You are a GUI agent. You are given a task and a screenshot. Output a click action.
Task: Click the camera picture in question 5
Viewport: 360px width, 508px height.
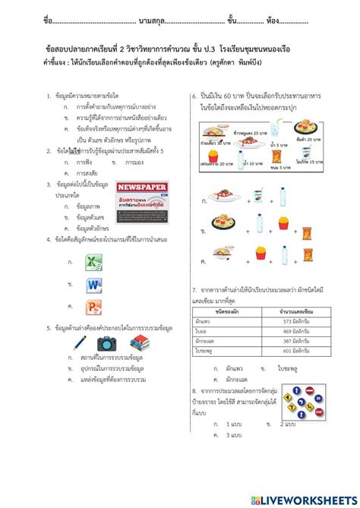tap(106, 343)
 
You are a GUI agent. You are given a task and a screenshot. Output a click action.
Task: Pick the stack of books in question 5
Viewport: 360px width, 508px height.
tap(138, 342)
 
